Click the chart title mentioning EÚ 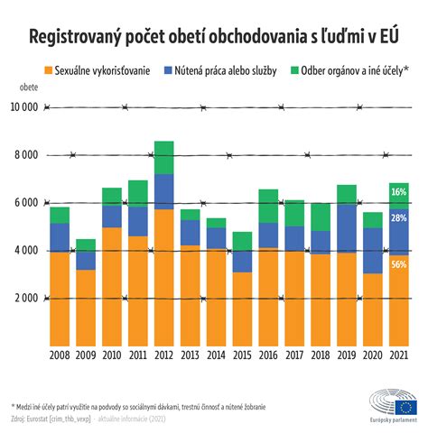[214, 38]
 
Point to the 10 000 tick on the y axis [24, 107]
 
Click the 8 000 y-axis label [27, 155]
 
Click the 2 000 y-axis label [27, 298]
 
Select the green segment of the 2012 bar [163, 157]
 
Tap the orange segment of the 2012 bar [163, 278]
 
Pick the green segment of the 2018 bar [321, 216]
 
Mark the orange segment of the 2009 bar [85, 307]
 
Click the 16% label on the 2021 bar [399, 193]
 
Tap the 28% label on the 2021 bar [399, 218]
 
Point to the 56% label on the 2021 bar [399, 264]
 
